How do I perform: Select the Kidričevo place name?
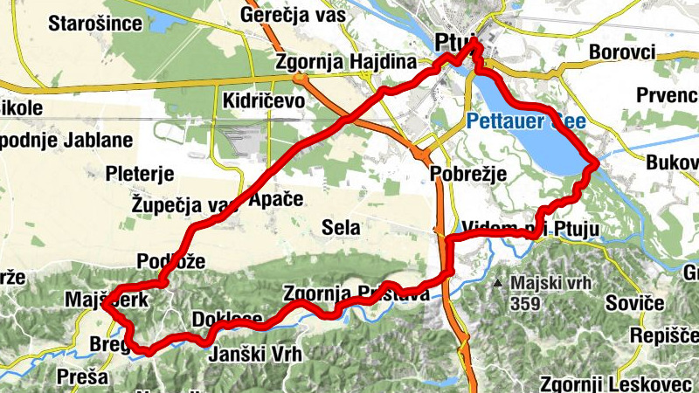click(x=263, y=100)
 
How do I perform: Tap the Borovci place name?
click(x=622, y=52)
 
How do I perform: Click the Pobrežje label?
click(x=469, y=175)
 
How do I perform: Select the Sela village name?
click(x=341, y=228)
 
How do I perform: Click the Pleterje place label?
click(x=140, y=174)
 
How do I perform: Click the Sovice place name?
click(x=636, y=303)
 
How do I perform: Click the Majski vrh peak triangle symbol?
click(x=497, y=283)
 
